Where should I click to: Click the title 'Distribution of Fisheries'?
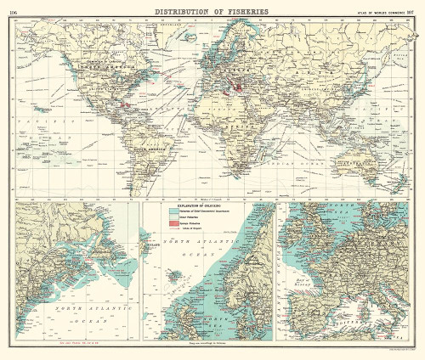click(x=212, y=11)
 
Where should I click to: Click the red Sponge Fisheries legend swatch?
click(x=173, y=223)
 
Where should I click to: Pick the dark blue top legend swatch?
click(x=173, y=212)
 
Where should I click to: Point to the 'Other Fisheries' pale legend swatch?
click(x=173, y=218)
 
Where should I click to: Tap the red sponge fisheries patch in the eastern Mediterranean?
click(x=241, y=87)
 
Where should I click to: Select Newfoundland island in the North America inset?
click(x=119, y=246)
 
